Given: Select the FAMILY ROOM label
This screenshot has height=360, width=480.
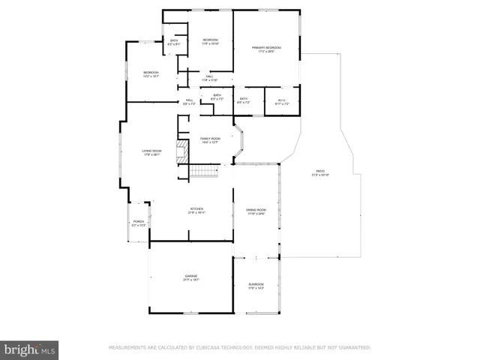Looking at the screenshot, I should point(209,139).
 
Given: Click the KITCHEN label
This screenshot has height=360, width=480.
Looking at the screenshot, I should point(196,210).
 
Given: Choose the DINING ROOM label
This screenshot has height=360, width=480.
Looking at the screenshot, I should point(256,212).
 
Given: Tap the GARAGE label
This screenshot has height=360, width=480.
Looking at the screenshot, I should point(191,277).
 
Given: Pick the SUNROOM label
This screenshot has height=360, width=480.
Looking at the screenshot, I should point(256,284).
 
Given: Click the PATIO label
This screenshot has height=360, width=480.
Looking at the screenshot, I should point(320,172).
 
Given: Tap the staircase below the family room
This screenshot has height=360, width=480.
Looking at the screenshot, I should point(202,172).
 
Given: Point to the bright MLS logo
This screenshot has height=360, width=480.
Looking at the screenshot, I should point(30,349).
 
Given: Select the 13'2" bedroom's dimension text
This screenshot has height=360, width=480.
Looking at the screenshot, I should point(151,76).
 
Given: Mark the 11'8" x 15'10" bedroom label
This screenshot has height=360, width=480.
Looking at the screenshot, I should point(210,42).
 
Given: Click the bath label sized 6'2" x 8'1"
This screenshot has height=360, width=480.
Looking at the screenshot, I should point(174,43).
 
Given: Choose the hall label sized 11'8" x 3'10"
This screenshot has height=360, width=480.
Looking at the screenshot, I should point(209,78).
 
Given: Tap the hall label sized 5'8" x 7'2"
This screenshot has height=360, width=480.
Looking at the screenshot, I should point(189,101).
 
